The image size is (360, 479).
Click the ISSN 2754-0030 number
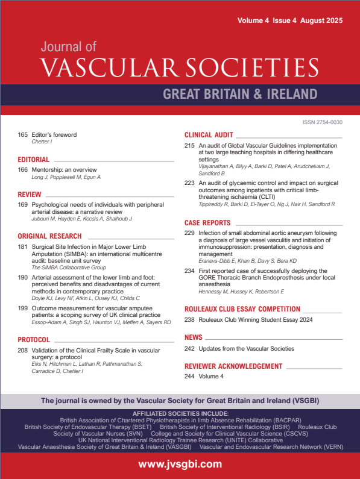point(322,122)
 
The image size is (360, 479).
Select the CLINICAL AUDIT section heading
point(209,135)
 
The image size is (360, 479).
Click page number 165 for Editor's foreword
point(23,135)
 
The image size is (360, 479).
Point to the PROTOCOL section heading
point(34,339)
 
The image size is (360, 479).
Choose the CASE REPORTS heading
point(207,222)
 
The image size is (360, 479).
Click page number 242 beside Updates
point(189,349)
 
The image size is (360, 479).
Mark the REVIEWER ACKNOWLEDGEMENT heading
point(233,366)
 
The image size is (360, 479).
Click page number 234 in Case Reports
point(189,271)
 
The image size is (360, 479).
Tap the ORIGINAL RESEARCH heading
point(49,236)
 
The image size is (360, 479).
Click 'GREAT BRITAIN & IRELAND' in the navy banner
point(240,94)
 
